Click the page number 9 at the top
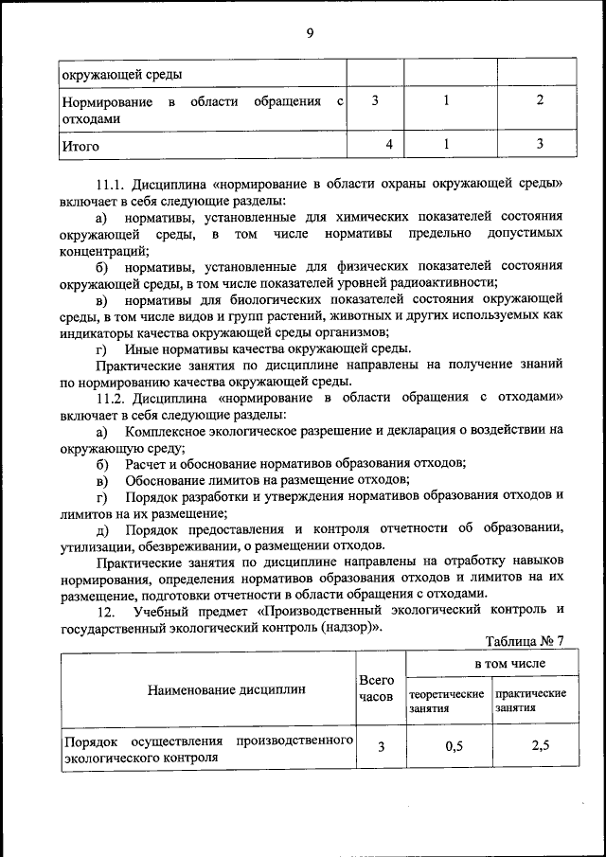click(310, 34)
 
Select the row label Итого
click(80, 147)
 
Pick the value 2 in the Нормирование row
click(539, 101)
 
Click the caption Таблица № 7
click(524, 640)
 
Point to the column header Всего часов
click(376, 688)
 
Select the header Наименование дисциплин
click(226, 689)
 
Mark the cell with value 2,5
click(541, 746)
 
